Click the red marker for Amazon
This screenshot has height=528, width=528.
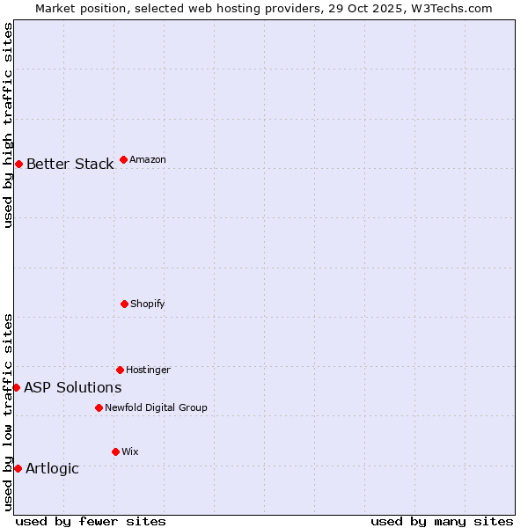(123, 159)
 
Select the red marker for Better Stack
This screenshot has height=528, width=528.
(18, 164)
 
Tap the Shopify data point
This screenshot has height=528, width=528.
(124, 304)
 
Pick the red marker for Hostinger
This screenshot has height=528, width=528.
(120, 370)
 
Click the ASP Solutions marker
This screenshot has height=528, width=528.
(16, 387)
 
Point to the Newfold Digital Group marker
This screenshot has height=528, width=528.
(99, 407)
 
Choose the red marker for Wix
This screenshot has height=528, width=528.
(115, 451)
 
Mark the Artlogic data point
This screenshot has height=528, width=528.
(18, 468)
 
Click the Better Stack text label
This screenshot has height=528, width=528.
(70, 164)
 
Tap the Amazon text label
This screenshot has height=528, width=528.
(148, 159)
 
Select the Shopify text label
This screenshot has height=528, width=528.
(148, 304)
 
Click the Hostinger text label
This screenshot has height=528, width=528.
(148, 370)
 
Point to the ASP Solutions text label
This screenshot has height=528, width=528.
(72, 387)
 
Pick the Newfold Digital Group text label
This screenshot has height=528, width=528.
(156, 407)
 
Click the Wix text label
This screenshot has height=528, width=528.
(129, 451)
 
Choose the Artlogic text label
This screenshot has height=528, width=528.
(52, 468)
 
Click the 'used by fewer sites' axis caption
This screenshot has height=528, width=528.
(91, 521)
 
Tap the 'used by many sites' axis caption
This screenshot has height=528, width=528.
(442, 521)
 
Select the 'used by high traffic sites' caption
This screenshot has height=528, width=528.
(8, 125)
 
